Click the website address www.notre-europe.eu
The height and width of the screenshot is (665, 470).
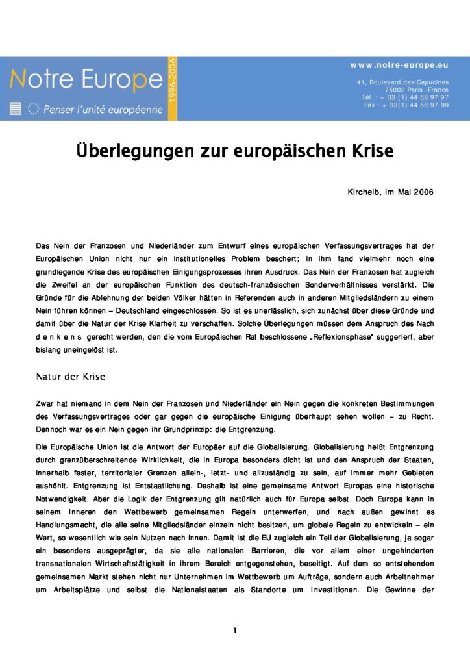click(399, 66)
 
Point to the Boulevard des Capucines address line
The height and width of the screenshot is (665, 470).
click(402, 82)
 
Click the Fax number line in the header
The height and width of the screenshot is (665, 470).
click(406, 105)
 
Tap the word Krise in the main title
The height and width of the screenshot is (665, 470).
click(369, 151)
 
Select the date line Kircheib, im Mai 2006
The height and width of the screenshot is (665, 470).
click(391, 192)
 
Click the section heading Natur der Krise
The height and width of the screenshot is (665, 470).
click(70, 377)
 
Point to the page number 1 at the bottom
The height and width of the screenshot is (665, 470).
click(235, 631)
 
